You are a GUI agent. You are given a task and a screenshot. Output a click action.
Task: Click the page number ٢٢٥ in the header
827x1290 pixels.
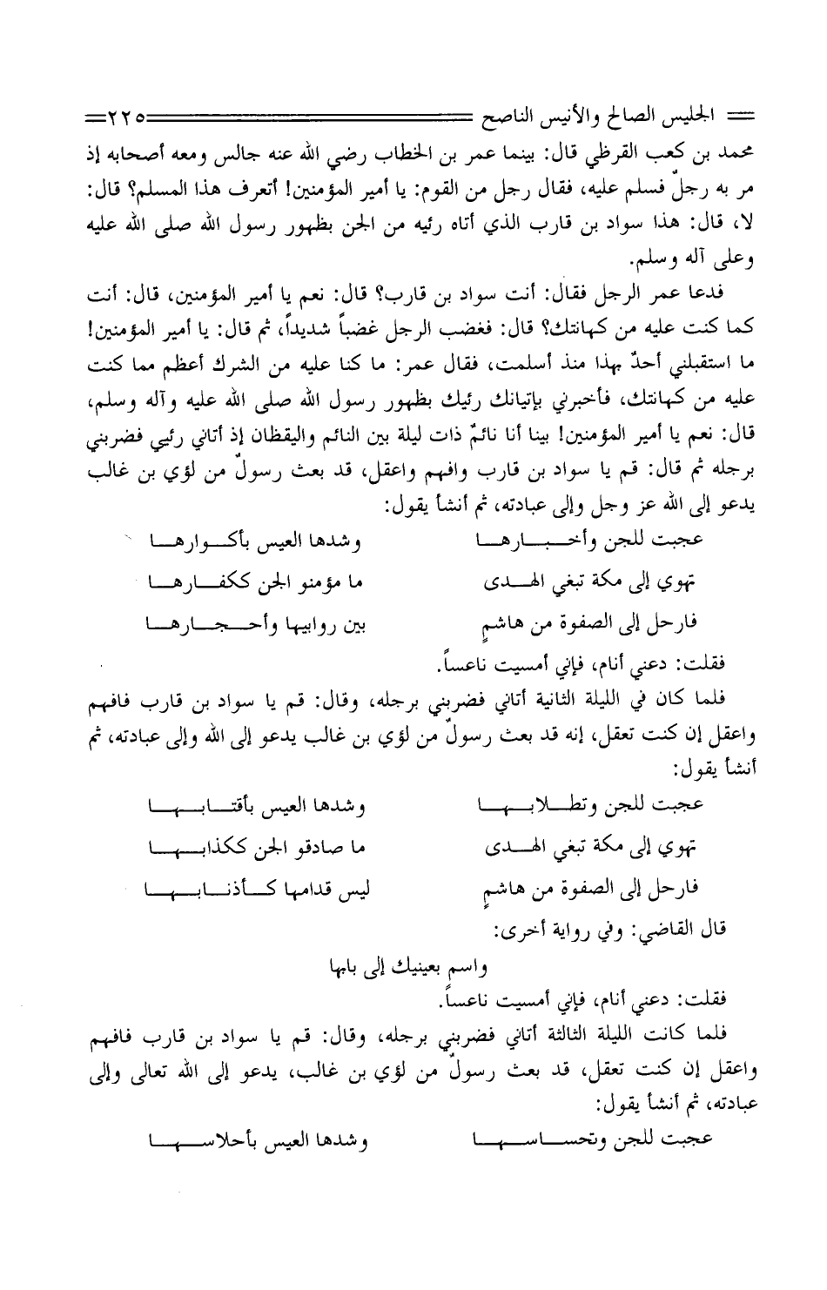[132, 114]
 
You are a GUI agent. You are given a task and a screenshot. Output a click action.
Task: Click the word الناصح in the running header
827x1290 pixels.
[494, 114]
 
